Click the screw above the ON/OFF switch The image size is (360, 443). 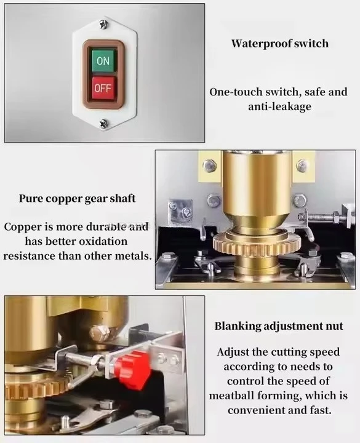[x=103, y=25]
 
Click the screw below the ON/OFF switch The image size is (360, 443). [x=103, y=124]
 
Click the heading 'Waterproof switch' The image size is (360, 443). [x=280, y=44]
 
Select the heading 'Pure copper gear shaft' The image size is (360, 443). [x=77, y=199]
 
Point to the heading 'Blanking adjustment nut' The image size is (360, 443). [x=279, y=326]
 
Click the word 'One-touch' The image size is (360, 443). [x=235, y=92]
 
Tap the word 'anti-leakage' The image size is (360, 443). [x=280, y=106]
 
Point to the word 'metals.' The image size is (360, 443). [x=133, y=255]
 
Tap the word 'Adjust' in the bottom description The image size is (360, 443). [x=233, y=353]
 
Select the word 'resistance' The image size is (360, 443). [x=30, y=255]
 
